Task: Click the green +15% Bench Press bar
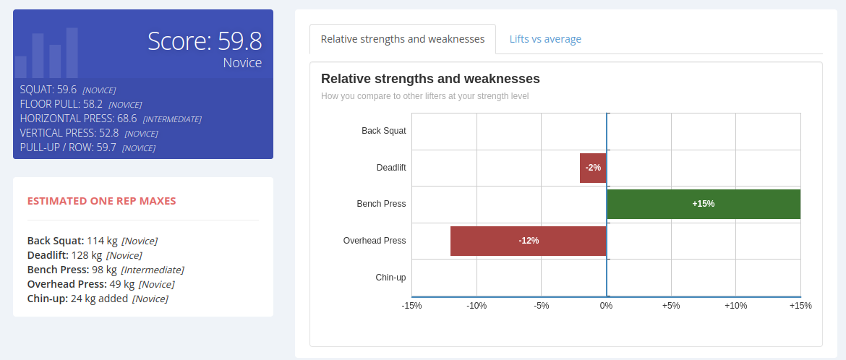(x=703, y=204)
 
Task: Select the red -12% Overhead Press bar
(x=528, y=241)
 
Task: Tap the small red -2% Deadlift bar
(x=593, y=168)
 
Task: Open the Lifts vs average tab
(x=544, y=39)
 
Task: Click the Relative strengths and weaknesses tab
(x=403, y=39)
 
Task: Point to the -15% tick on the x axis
(x=411, y=306)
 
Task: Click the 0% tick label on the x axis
(x=606, y=306)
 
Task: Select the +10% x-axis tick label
(x=735, y=306)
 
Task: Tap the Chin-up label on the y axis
(x=390, y=278)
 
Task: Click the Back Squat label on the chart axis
(x=383, y=131)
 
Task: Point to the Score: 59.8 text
(x=205, y=40)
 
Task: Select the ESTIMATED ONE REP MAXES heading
(x=101, y=201)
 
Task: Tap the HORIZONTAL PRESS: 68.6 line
(x=78, y=119)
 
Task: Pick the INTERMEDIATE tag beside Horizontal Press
(x=172, y=119)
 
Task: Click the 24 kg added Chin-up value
(x=99, y=299)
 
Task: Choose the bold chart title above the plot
(x=430, y=79)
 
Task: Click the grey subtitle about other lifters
(x=424, y=96)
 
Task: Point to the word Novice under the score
(x=242, y=63)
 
